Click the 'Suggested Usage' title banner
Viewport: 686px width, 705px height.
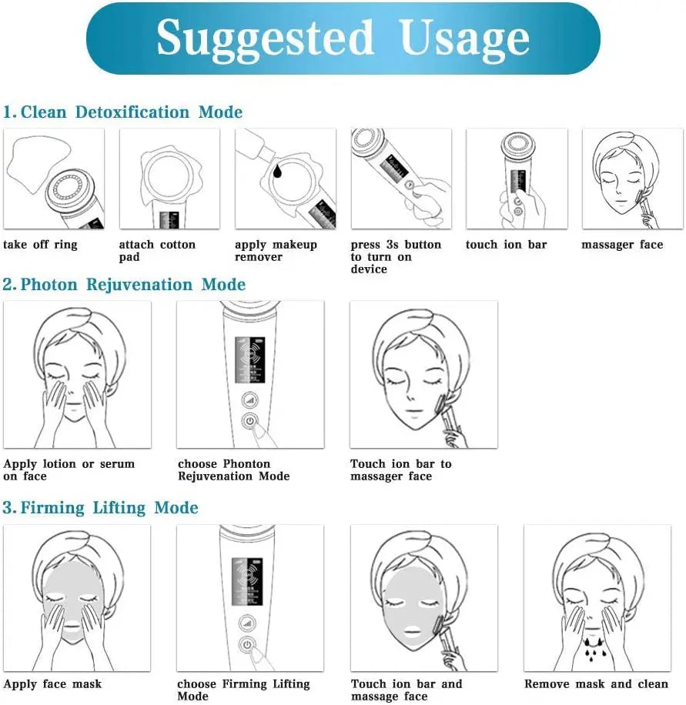(x=343, y=38)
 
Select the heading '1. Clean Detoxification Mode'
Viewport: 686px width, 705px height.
(x=122, y=112)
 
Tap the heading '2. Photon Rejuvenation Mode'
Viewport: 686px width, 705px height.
(x=124, y=285)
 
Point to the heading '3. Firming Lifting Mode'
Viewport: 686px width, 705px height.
(x=100, y=508)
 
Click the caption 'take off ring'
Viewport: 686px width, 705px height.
(x=40, y=245)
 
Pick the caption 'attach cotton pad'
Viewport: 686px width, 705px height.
(x=157, y=251)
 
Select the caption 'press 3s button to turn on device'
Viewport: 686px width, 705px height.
(x=396, y=257)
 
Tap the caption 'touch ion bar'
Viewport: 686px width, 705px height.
(x=506, y=245)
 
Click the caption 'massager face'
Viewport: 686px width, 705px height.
(x=622, y=245)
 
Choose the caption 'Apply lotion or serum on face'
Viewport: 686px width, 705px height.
(x=69, y=470)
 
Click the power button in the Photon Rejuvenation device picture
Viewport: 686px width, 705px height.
(x=249, y=421)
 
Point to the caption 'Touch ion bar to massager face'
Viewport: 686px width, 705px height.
(x=400, y=470)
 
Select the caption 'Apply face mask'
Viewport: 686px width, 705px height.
(x=52, y=684)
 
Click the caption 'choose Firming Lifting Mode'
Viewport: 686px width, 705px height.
(x=243, y=690)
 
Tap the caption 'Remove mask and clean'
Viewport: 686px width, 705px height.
(x=596, y=684)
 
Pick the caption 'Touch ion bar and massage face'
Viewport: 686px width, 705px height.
(x=407, y=690)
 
